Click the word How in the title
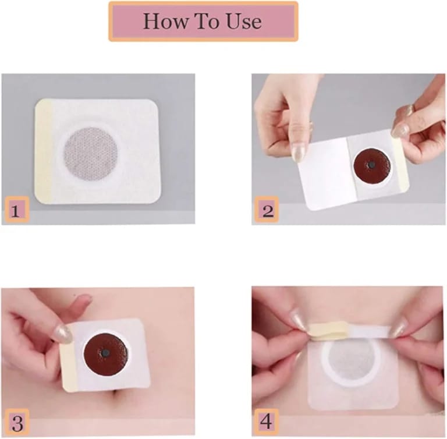pyautogui.click(x=162, y=21)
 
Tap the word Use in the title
pyautogui.click(x=242, y=21)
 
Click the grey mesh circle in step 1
pyautogui.click(x=90, y=153)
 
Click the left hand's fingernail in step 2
pyautogui.click(x=298, y=153)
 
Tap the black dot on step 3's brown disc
pyautogui.click(x=105, y=353)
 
